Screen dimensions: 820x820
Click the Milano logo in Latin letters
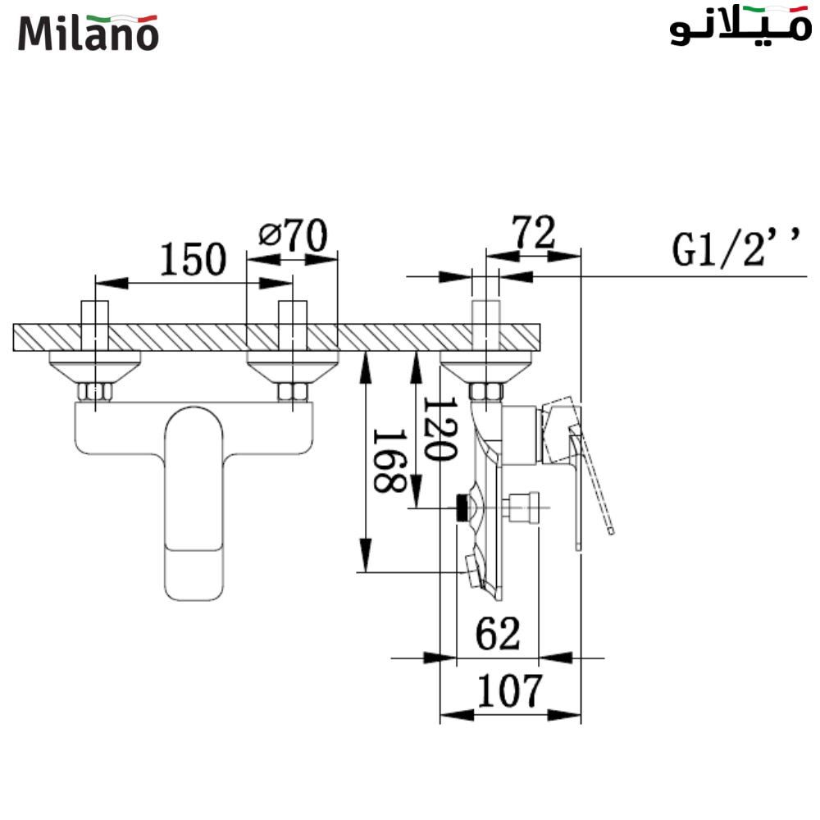(x=88, y=32)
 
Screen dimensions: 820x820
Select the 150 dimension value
(x=192, y=260)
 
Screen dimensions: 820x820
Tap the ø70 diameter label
(x=293, y=235)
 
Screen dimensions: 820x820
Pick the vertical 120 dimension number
(x=439, y=429)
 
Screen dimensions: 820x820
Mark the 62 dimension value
(x=498, y=634)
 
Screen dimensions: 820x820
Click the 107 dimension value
(x=510, y=691)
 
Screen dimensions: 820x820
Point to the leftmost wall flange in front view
(x=95, y=364)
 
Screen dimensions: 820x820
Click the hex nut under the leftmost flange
(x=95, y=391)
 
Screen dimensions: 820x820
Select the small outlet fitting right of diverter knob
(x=523, y=507)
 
